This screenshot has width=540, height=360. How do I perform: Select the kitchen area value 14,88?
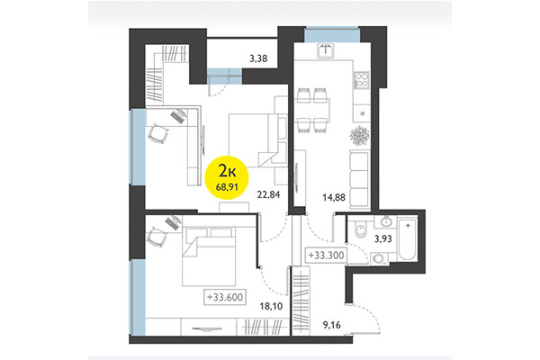pyautogui.click(x=321, y=200)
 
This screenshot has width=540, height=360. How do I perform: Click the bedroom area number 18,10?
pyautogui.click(x=271, y=306)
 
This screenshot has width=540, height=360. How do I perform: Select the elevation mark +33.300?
pyautogui.click(x=325, y=256)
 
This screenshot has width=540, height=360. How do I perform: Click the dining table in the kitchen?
pyautogui.click(x=314, y=107)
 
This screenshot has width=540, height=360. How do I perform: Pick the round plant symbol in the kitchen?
pyautogui.click(x=360, y=135)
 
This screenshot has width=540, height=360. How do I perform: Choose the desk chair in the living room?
pyautogui.click(x=158, y=132)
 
